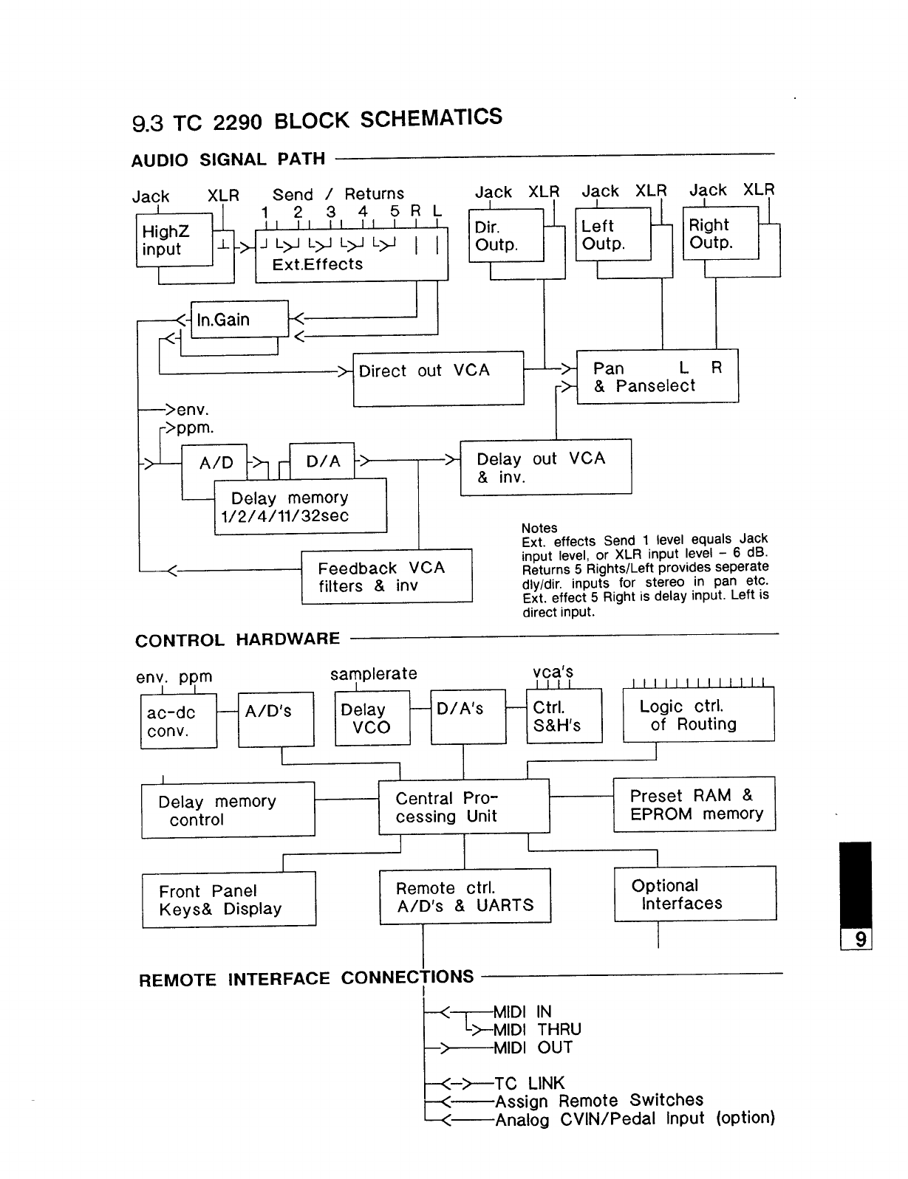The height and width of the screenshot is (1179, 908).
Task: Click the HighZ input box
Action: click(174, 240)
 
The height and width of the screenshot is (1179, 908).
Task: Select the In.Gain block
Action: click(239, 320)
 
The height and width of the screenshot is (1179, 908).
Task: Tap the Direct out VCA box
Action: click(438, 378)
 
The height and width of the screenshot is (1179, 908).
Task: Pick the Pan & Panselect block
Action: click(657, 376)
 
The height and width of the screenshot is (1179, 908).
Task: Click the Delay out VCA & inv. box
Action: click(545, 467)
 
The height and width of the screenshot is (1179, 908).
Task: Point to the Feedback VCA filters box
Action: click(386, 577)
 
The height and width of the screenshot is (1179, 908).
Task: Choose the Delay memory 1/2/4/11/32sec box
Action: click(300, 506)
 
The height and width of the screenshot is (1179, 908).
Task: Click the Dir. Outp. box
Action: click(506, 236)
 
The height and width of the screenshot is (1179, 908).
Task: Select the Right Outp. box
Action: click(720, 233)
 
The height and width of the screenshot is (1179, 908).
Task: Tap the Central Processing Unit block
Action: click(464, 807)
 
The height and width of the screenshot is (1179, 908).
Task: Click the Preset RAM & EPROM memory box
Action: click(694, 804)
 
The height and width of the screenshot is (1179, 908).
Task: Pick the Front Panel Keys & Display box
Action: click(228, 899)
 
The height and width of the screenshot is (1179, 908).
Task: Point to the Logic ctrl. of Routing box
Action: click(698, 715)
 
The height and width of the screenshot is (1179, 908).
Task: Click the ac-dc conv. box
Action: click(178, 721)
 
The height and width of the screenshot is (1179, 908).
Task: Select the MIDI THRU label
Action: click(537, 1029)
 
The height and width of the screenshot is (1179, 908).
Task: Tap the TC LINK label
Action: click(529, 1083)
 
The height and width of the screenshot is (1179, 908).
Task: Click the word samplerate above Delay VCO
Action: click(373, 673)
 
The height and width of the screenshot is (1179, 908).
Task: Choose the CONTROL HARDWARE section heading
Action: click(237, 639)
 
